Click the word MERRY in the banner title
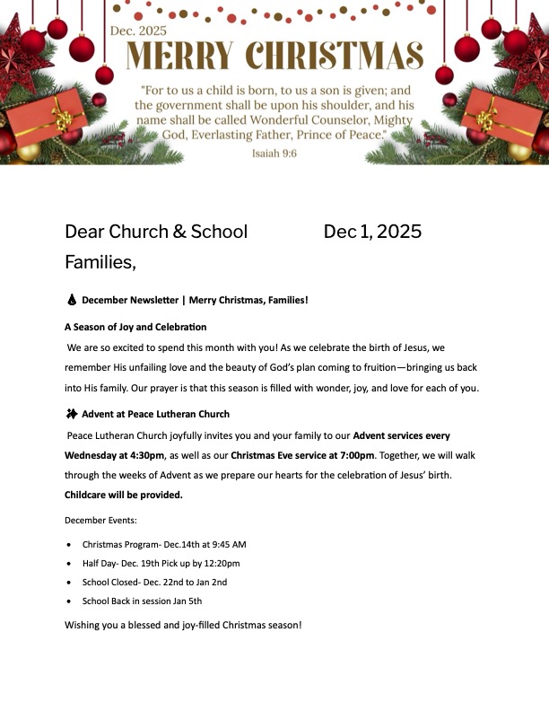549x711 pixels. (x=176, y=56)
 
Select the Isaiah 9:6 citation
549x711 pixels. (x=274, y=154)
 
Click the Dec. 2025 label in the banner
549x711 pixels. (x=138, y=31)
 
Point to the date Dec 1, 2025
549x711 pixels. (x=372, y=232)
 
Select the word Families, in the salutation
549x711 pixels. (x=100, y=262)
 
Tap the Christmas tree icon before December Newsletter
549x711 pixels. (x=71, y=300)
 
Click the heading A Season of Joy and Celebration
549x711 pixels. (x=135, y=327)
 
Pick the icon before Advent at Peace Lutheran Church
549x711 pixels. (x=71, y=414)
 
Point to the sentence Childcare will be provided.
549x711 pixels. (x=123, y=495)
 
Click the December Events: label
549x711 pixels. (x=100, y=520)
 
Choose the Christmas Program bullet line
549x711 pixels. (x=164, y=544)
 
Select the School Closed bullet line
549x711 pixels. (x=154, y=583)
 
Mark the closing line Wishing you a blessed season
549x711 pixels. (x=183, y=624)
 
